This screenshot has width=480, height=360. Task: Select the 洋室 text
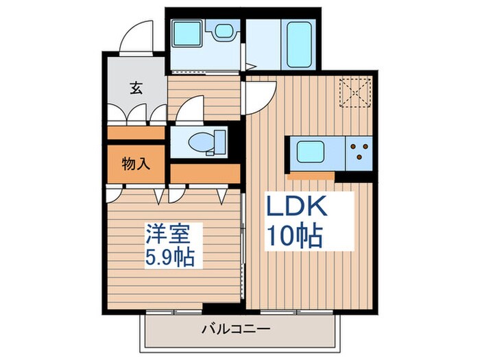[x=166, y=235]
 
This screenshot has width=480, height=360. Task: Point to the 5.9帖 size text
[x=169, y=258]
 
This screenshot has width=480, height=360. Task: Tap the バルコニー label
[x=235, y=328]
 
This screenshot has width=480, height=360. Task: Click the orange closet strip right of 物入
[x=204, y=173]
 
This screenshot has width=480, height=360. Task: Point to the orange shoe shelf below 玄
[x=136, y=132]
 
